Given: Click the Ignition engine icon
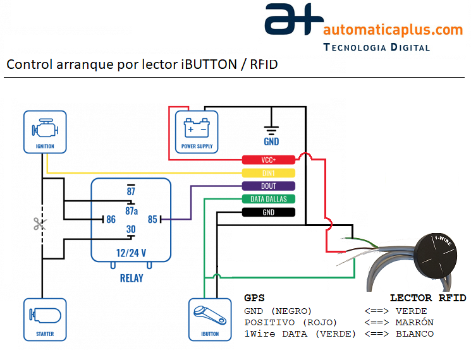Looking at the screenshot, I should [45, 129].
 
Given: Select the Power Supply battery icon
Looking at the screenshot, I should [196, 128].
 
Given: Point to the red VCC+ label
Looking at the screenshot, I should [269, 160].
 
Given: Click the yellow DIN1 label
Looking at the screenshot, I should [269, 173].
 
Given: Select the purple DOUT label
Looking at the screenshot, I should [269, 186].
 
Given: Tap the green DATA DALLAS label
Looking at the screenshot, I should [269, 199].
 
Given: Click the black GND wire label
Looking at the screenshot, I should [269, 212].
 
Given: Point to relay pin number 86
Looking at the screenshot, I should [111, 220].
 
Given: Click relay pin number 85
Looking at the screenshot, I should [152, 220].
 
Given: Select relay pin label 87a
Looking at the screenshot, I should [132, 210].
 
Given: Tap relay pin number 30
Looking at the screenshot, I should [131, 229].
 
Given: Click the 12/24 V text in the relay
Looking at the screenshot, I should [131, 252].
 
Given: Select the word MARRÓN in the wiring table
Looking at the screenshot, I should [414, 322].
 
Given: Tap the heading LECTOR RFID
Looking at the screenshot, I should [427, 297].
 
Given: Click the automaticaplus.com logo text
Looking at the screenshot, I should [393, 30].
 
